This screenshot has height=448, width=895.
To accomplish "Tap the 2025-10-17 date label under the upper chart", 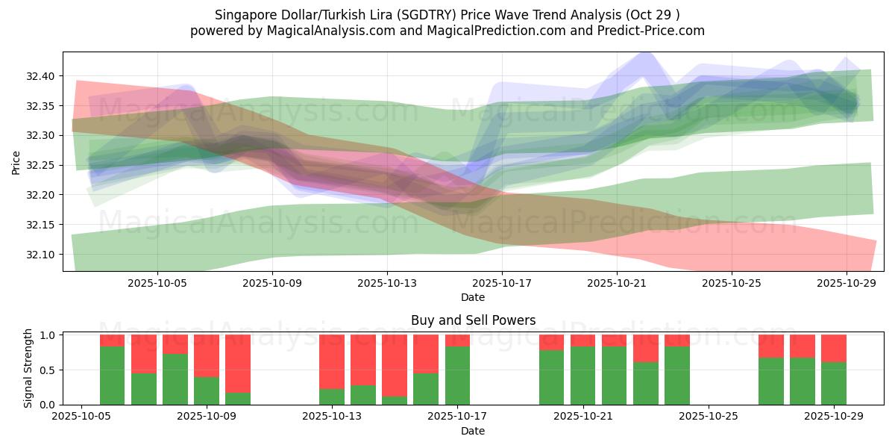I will point(502,283).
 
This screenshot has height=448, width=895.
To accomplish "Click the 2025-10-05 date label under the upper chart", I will point(157,283).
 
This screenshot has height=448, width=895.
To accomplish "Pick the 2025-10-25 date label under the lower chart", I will point(708,417).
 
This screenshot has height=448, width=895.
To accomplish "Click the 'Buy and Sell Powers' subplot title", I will point(473,320).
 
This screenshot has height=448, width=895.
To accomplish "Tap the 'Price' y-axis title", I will point(16,162).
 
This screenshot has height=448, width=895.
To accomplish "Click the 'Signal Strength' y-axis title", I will point(28,369).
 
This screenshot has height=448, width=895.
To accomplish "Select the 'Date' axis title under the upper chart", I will point(473,297).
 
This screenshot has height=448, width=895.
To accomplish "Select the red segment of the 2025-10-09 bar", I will point(207,355).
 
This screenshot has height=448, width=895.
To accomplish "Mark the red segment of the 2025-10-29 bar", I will point(833,348).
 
